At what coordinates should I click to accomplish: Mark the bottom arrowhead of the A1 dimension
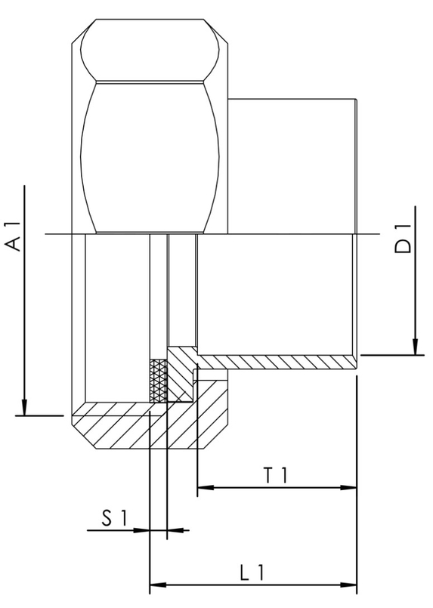(x=25, y=409)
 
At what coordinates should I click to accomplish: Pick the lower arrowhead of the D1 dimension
(x=415, y=347)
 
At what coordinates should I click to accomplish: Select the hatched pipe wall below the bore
(x=280, y=361)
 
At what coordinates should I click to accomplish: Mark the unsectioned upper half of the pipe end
(x=291, y=166)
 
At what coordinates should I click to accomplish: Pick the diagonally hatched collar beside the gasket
(x=181, y=370)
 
